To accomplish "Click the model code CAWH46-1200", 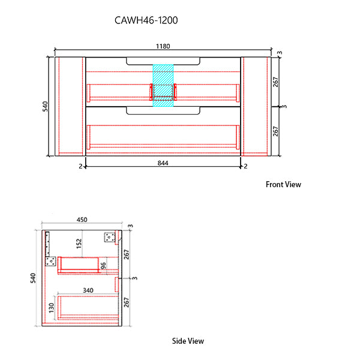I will tap(146, 20).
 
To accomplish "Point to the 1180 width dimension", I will tap(163, 45).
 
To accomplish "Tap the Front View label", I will tap(283, 185).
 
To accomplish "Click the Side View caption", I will tap(188, 341).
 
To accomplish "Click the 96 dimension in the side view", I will tap(103, 266).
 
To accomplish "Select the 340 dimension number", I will tap(88, 290).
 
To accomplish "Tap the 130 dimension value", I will tap(52, 308).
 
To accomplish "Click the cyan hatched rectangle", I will tap(163, 85).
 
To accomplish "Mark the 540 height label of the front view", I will tap(44, 107).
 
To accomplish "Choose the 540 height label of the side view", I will tap(34, 278).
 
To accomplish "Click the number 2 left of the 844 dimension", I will tap(79, 166).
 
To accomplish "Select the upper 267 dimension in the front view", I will tap(276, 82).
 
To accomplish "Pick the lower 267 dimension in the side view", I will tap(126, 302).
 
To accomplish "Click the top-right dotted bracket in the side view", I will tap(109, 237).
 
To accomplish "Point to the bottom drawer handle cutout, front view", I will tap(163, 111).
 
